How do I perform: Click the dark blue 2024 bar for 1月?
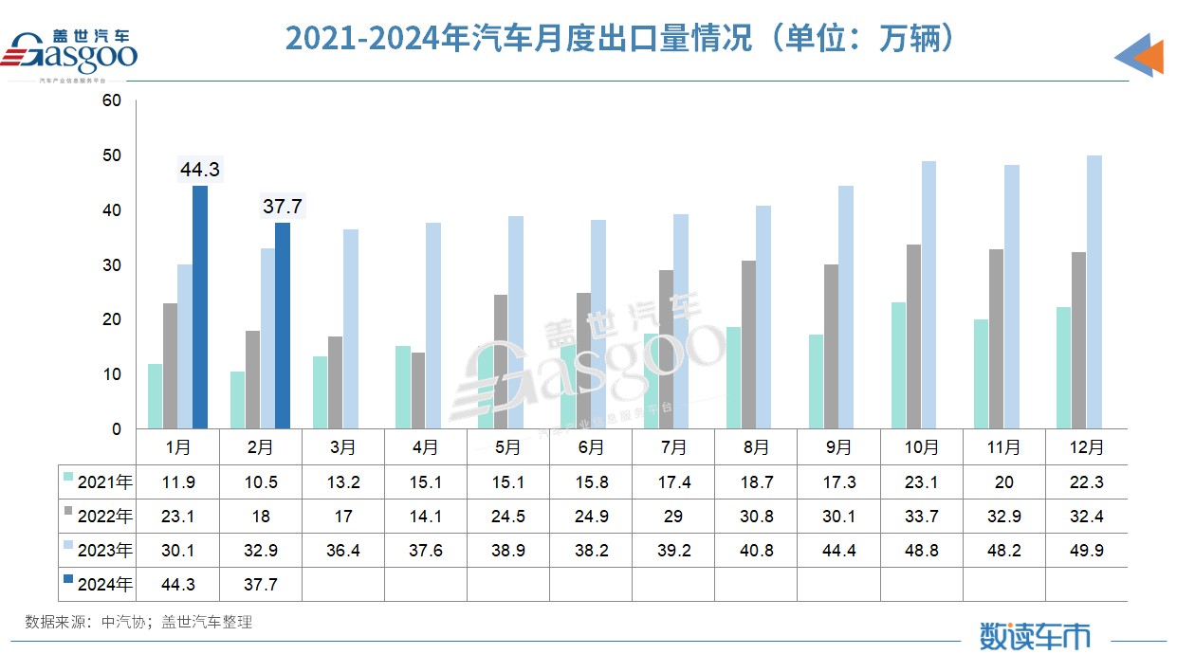point(200,307)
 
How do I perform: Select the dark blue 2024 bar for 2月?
point(283,325)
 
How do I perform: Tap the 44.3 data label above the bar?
point(200,170)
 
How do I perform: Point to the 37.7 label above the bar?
point(283,207)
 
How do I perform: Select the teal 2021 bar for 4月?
point(403,387)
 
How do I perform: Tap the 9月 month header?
point(838,446)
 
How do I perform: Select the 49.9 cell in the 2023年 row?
point(1086,551)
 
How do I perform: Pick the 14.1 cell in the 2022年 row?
point(425,517)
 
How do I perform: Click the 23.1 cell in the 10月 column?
point(921,482)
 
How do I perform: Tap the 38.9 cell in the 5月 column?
point(507,551)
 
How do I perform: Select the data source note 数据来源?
point(138,623)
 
